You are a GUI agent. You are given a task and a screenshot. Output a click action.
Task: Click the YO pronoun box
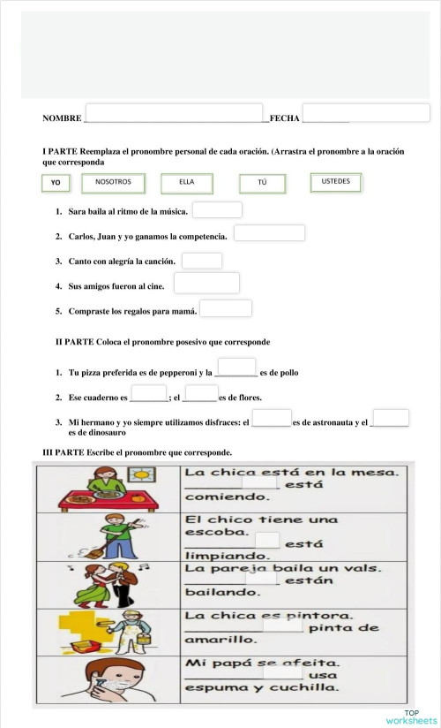[56, 183]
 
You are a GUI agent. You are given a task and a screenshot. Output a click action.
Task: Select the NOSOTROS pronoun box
[113, 183]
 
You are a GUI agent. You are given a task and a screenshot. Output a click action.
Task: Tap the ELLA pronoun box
[187, 183]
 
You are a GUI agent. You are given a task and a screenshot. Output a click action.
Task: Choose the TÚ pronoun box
[262, 183]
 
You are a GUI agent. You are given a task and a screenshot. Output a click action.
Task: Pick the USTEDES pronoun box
[335, 182]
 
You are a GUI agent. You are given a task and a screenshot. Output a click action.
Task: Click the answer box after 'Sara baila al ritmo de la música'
[217, 210]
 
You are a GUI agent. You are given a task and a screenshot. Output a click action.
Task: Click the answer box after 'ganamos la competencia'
[269, 233]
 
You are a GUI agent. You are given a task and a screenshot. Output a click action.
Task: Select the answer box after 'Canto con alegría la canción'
[202, 261]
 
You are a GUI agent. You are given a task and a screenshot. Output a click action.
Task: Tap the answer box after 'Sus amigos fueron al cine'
[206, 283]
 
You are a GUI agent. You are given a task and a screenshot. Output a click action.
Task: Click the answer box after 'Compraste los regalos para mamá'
[226, 308]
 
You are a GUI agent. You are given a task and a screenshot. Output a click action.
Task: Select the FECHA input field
[366, 113]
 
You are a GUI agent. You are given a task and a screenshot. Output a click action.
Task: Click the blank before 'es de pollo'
[236, 368]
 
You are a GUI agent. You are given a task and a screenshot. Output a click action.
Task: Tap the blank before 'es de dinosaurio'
[391, 418]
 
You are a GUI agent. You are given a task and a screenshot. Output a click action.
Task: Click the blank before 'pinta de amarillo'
[282, 626]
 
